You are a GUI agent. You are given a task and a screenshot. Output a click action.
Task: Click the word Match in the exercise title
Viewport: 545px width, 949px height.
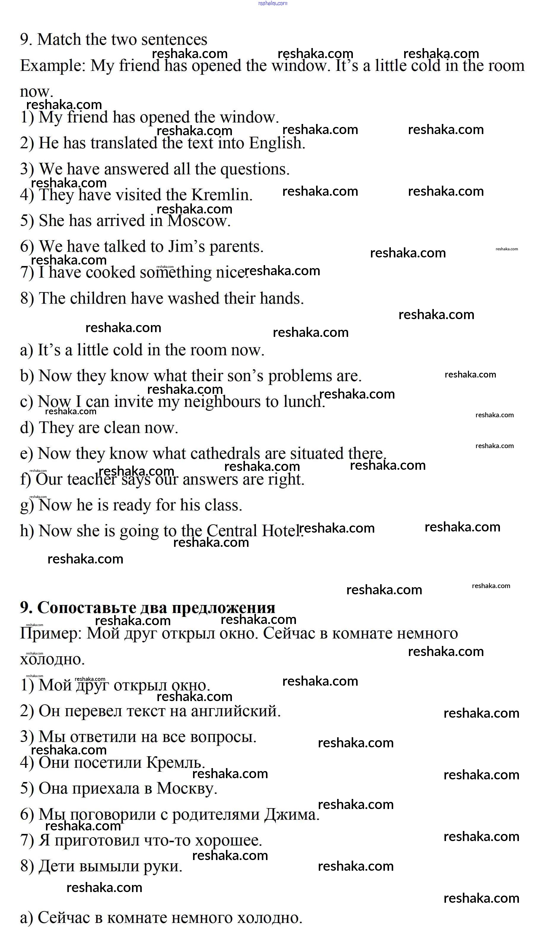[59, 40]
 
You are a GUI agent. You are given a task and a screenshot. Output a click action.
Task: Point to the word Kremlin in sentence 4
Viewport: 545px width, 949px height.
[221, 195]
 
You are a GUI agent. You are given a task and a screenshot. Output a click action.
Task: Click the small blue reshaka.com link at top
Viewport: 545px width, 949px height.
[272, 3]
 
